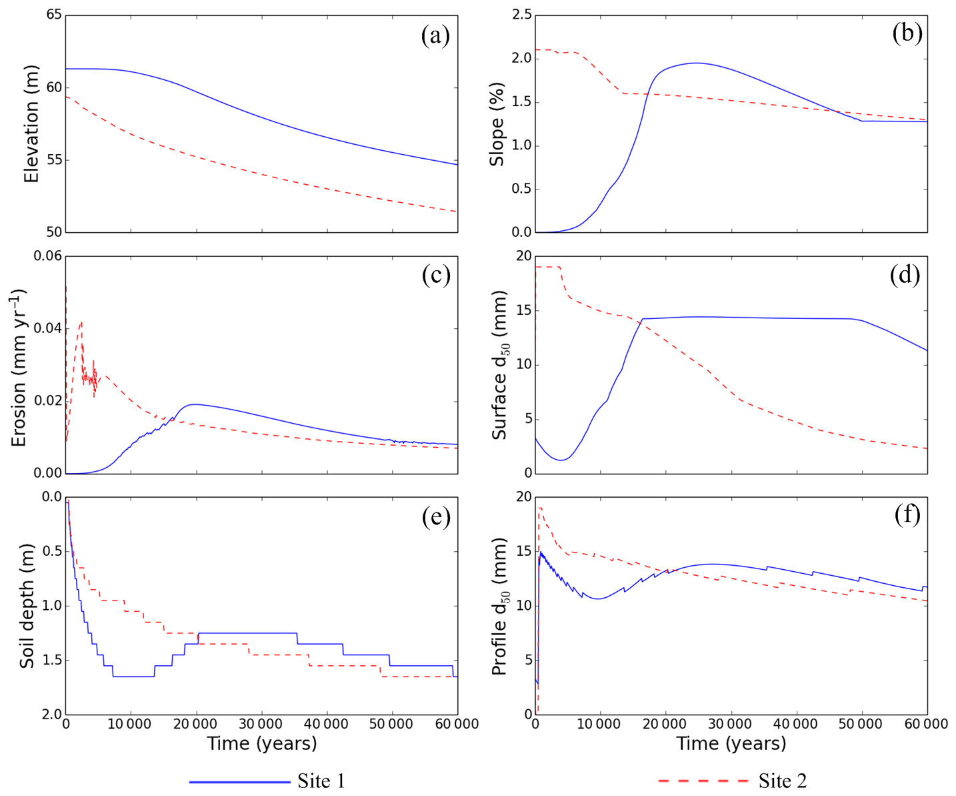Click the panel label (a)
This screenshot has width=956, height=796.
[x=435, y=35]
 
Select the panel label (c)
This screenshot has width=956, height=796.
[x=436, y=276]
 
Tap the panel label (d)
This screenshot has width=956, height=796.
[x=905, y=275]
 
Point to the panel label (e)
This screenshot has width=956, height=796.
[x=436, y=517]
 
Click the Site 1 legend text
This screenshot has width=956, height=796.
[x=321, y=781]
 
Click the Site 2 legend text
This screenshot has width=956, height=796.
[x=783, y=781]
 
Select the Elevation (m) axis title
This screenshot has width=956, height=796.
[x=31, y=124]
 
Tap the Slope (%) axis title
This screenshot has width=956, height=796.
[x=497, y=124]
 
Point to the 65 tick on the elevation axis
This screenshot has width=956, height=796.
[x=54, y=15]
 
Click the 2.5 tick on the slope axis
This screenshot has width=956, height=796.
[x=521, y=15]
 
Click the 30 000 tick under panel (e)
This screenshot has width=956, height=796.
[x=261, y=724]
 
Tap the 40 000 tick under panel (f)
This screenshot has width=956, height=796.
[x=796, y=724]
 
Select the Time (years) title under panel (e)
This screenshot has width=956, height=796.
[x=261, y=743]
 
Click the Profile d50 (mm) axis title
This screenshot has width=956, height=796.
[x=500, y=606]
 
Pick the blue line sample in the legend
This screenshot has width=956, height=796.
[x=239, y=781]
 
